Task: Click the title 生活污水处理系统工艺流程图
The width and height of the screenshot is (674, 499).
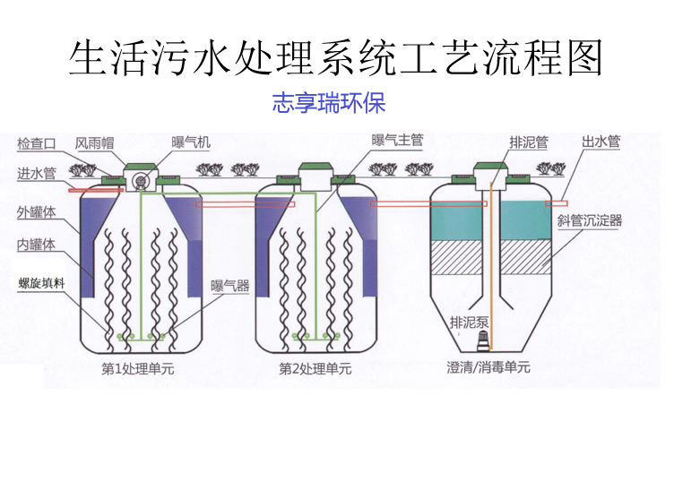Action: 336,56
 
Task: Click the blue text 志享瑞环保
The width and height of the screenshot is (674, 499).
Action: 328,103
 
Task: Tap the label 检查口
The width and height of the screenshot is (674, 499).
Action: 37,143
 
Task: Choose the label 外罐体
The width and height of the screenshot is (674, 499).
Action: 37,213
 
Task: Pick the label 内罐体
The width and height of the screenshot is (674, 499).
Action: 37,245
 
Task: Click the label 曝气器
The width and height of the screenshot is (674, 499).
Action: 229,288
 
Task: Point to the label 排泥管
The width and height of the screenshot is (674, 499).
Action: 528,142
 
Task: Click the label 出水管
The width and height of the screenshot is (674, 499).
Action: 601,142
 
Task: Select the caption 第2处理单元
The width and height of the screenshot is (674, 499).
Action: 315,368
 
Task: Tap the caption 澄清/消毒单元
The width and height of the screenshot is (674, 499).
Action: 488,368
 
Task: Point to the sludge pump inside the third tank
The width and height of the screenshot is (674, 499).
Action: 484,340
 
